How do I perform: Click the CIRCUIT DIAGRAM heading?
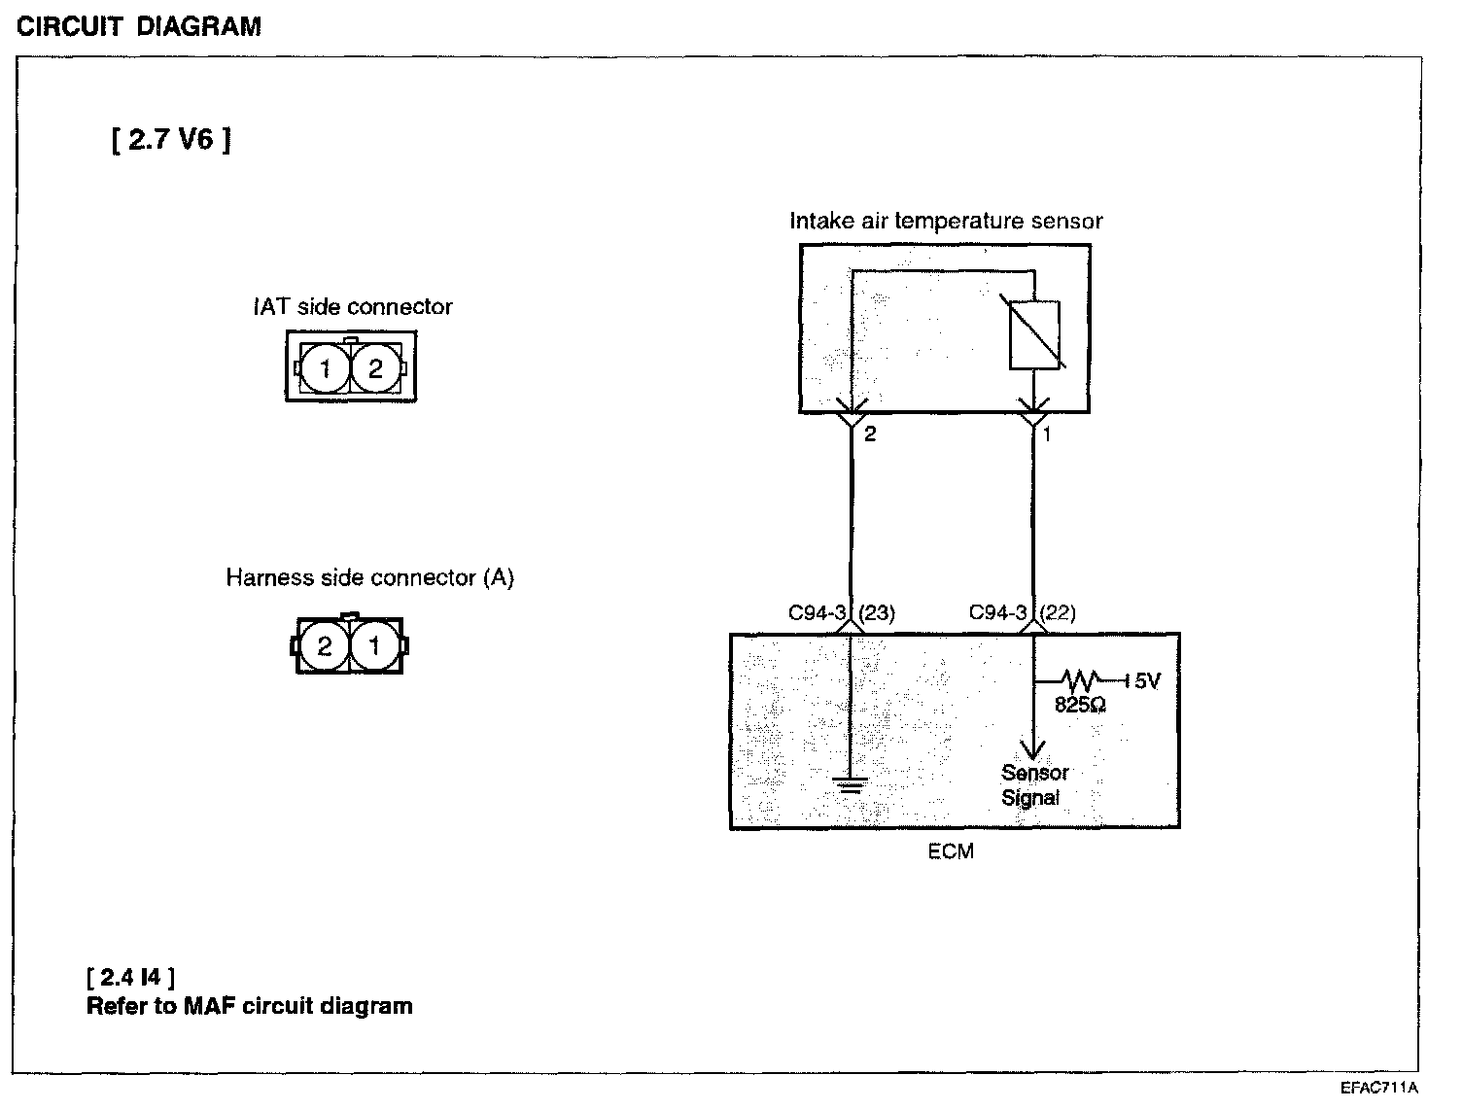click(x=139, y=26)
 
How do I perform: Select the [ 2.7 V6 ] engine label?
click(x=171, y=140)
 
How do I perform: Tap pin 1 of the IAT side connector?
click(x=325, y=367)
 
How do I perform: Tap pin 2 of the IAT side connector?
click(x=375, y=367)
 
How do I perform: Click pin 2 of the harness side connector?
click(x=325, y=644)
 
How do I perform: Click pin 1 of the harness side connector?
click(x=374, y=644)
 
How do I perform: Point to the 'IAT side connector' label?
click(x=353, y=307)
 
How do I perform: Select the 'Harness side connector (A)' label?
click(x=369, y=578)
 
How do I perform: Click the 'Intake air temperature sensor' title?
click(x=946, y=222)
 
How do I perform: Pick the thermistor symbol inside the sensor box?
click(x=1034, y=335)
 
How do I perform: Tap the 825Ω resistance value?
click(x=1080, y=704)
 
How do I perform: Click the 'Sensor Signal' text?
click(x=1033, y=785)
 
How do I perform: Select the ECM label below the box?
click(x=951, y=852)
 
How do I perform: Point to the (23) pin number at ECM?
click(x=878, y=613)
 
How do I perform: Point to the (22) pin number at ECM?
click(x=1058, y=613)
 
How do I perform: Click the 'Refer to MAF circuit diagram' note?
click(x=250, y=1006)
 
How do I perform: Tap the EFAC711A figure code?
click(x=1379, y=1089)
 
